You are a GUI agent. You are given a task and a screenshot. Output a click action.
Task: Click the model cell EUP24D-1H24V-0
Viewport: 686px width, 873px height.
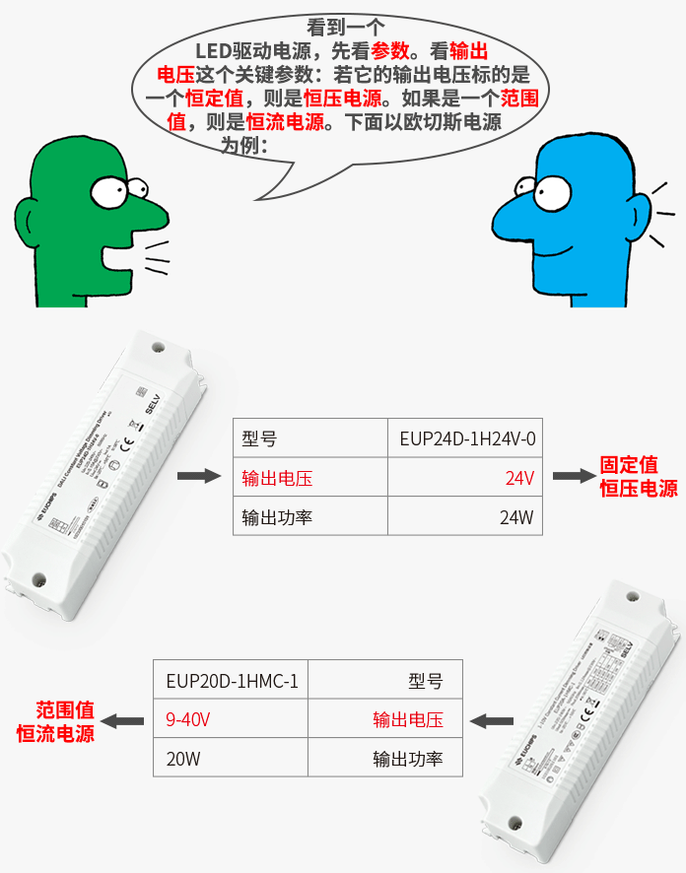click(x=467, y=438)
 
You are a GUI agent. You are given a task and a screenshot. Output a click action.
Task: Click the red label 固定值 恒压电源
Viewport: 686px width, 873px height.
click(x=639, y=476)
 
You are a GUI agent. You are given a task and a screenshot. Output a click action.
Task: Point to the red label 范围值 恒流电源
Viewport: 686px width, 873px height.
click(x=56, y=721)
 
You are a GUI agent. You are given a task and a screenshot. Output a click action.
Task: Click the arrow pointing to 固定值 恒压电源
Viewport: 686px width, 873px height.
click(x=571, y=477)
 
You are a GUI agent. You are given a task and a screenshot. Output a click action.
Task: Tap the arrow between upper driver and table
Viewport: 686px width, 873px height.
click(x=196, y=477)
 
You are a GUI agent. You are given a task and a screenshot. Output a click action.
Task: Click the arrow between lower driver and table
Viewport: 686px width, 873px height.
click(x=489, y=721)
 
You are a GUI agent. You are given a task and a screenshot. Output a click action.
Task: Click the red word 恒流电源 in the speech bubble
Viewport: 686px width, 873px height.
click(x=285, y=122)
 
